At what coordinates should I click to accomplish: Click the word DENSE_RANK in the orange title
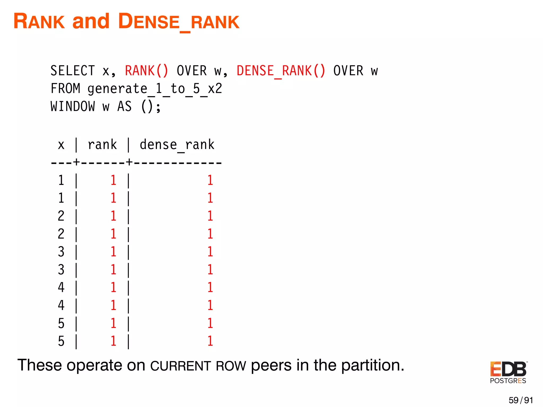(178, 22)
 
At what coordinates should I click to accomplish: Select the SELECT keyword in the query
(73, 71)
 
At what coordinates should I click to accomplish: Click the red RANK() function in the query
(147, 71)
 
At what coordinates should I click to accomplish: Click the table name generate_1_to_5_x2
(155, 89)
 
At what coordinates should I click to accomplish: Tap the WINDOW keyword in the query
(73, 107)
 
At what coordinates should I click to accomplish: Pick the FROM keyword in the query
(65, 89)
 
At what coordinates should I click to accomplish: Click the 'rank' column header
(102, 145)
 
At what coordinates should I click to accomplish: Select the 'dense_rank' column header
(177, 145)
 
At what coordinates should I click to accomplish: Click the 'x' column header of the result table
(61, 145)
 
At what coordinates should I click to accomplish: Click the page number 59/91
(520, 400)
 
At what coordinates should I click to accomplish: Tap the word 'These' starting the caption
(40, 365)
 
